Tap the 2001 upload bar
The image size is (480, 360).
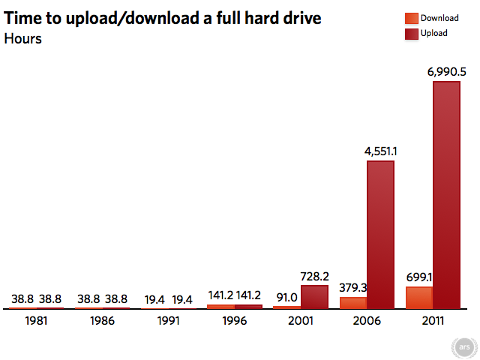(x=314, y=297)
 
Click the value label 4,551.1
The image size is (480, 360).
(x=381, y=151)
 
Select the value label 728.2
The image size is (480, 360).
(x=315, y=276)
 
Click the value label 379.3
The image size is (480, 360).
(x=352, y=288)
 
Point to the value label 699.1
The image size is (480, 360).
(x=418, y=277)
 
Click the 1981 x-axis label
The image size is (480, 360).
(x=35, y=320)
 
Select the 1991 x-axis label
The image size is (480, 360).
(x=167, y=320)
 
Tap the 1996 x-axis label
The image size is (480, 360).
(x=234, y=320)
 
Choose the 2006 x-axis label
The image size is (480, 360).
(x=367, y=320)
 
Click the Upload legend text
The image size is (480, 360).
(x=434, y=33)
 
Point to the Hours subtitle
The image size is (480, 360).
(x=23, y=39)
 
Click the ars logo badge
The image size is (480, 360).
(x=462, y=348)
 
